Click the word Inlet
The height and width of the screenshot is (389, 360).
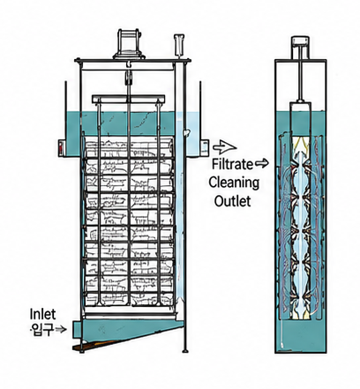tap(42, 314)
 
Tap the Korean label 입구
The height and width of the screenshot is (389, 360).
tap(42, 329)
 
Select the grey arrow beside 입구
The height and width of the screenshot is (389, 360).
tap(61, 330)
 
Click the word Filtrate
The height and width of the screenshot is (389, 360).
tap(232, 164)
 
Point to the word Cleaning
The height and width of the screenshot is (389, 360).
tap(234, 183)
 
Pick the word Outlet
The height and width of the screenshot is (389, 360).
tap(232, 201)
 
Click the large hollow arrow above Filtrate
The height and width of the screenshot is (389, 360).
tap(225, 146)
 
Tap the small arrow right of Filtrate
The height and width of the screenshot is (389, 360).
tap(262, 163)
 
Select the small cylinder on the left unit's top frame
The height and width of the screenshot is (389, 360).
tap(179, 45)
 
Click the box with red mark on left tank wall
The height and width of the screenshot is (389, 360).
tap(62, 147)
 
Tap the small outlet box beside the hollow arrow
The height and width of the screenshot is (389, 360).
tap(205, 147)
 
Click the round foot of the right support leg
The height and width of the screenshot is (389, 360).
tap(185, 351)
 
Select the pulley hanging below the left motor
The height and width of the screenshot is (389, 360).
tap(128, 78)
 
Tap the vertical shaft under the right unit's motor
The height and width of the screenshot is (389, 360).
tap(300, 79)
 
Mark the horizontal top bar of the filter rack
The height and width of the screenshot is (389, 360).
tap(128, 99)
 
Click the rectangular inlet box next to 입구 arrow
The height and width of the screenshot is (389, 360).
tap(78, 330)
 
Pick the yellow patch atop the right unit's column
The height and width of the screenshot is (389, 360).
tap(300, 143)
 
